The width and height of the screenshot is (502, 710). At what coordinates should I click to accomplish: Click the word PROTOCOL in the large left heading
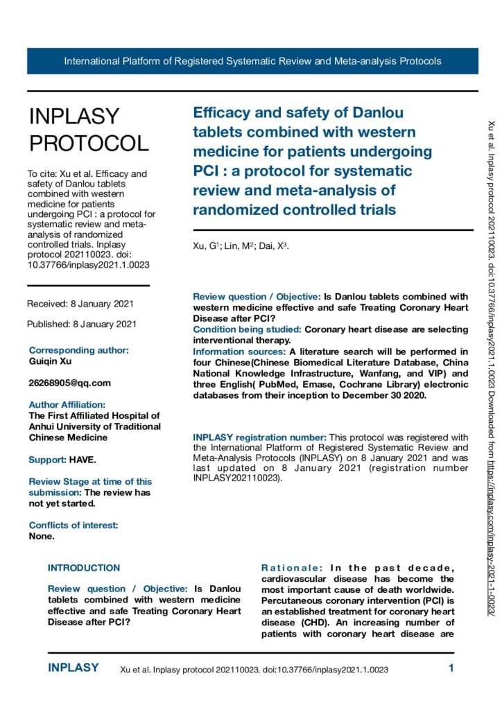89,143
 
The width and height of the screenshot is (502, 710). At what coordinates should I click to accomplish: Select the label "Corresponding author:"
78,351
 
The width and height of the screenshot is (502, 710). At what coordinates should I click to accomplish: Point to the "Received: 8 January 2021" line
80,304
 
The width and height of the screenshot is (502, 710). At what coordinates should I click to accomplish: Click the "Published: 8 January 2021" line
82,324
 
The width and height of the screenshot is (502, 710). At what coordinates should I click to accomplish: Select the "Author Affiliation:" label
67,404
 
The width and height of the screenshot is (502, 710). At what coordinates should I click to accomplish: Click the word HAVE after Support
83,460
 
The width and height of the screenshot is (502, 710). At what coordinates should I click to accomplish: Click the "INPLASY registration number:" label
259,438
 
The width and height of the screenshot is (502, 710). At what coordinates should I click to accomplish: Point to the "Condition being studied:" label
246,329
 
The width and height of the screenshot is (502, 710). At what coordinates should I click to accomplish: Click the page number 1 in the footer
451,669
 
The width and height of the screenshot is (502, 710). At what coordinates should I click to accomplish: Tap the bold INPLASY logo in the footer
73,668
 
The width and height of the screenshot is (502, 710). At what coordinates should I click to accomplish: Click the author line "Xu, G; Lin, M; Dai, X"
241,246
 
